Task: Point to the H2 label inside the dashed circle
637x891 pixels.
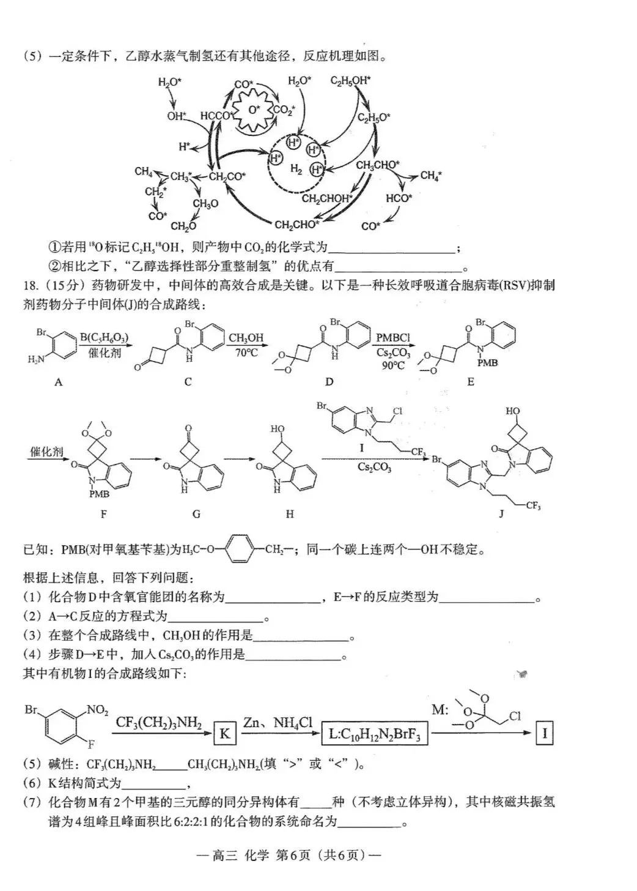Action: (296, 169)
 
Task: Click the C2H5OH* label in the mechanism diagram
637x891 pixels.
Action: (350, 81)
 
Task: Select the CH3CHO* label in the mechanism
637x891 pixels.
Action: (378, 165)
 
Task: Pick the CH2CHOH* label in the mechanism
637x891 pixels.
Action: (327, 198)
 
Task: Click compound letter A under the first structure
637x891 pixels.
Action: (59, 382)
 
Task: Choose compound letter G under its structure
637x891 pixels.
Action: (196, 514)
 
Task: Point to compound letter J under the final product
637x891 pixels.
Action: (501, 513)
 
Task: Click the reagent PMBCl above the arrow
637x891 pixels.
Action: (393, 338)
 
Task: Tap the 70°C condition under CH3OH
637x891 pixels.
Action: (246, 352)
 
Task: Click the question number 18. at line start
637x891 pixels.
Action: (30, 286)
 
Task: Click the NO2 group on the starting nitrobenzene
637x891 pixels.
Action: (98, 710)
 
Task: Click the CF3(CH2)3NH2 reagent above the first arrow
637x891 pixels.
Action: (158, 722)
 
